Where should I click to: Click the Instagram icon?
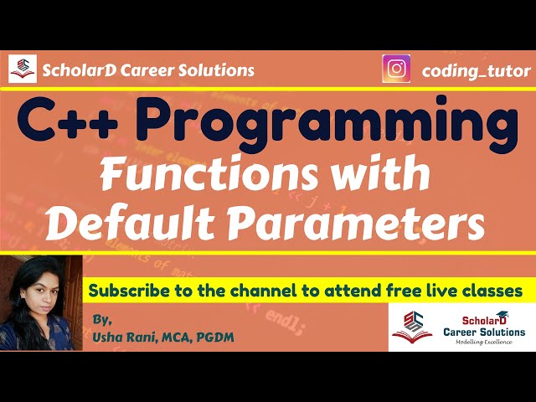pos(396,70)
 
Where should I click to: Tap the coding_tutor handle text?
pos(476,70)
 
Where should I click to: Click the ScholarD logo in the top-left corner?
pos(23,69)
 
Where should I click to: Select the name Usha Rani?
pos(126,336)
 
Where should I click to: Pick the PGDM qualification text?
pos(219,336)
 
